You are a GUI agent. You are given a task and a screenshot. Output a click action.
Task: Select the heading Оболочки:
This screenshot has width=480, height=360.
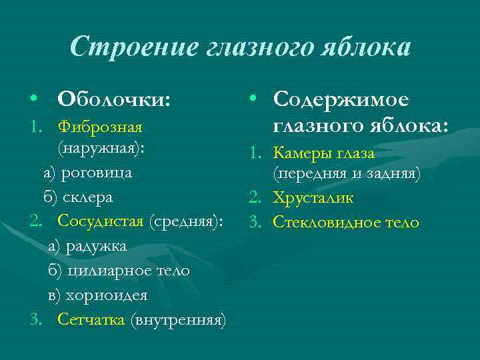pyautogui.click(x=114, y=99)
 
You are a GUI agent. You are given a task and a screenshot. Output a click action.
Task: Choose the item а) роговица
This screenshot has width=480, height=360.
pyautogui.click(x=88, y=173)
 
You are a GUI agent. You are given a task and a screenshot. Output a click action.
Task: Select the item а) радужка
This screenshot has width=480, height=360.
pyautogui.click(x=87, y=246)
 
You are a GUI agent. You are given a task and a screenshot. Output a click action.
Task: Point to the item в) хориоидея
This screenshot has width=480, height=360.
pyautogui.click(x=97, y=295)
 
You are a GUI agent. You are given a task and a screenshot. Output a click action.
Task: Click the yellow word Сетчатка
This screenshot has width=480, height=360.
pyautogui.click(x=91, y=319)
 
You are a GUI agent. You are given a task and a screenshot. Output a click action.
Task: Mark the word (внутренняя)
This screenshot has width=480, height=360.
pyautogui.click(x=179, y=319)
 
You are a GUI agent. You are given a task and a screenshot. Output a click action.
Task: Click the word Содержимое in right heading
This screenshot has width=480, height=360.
pyautogui.click(x=342, y=99)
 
